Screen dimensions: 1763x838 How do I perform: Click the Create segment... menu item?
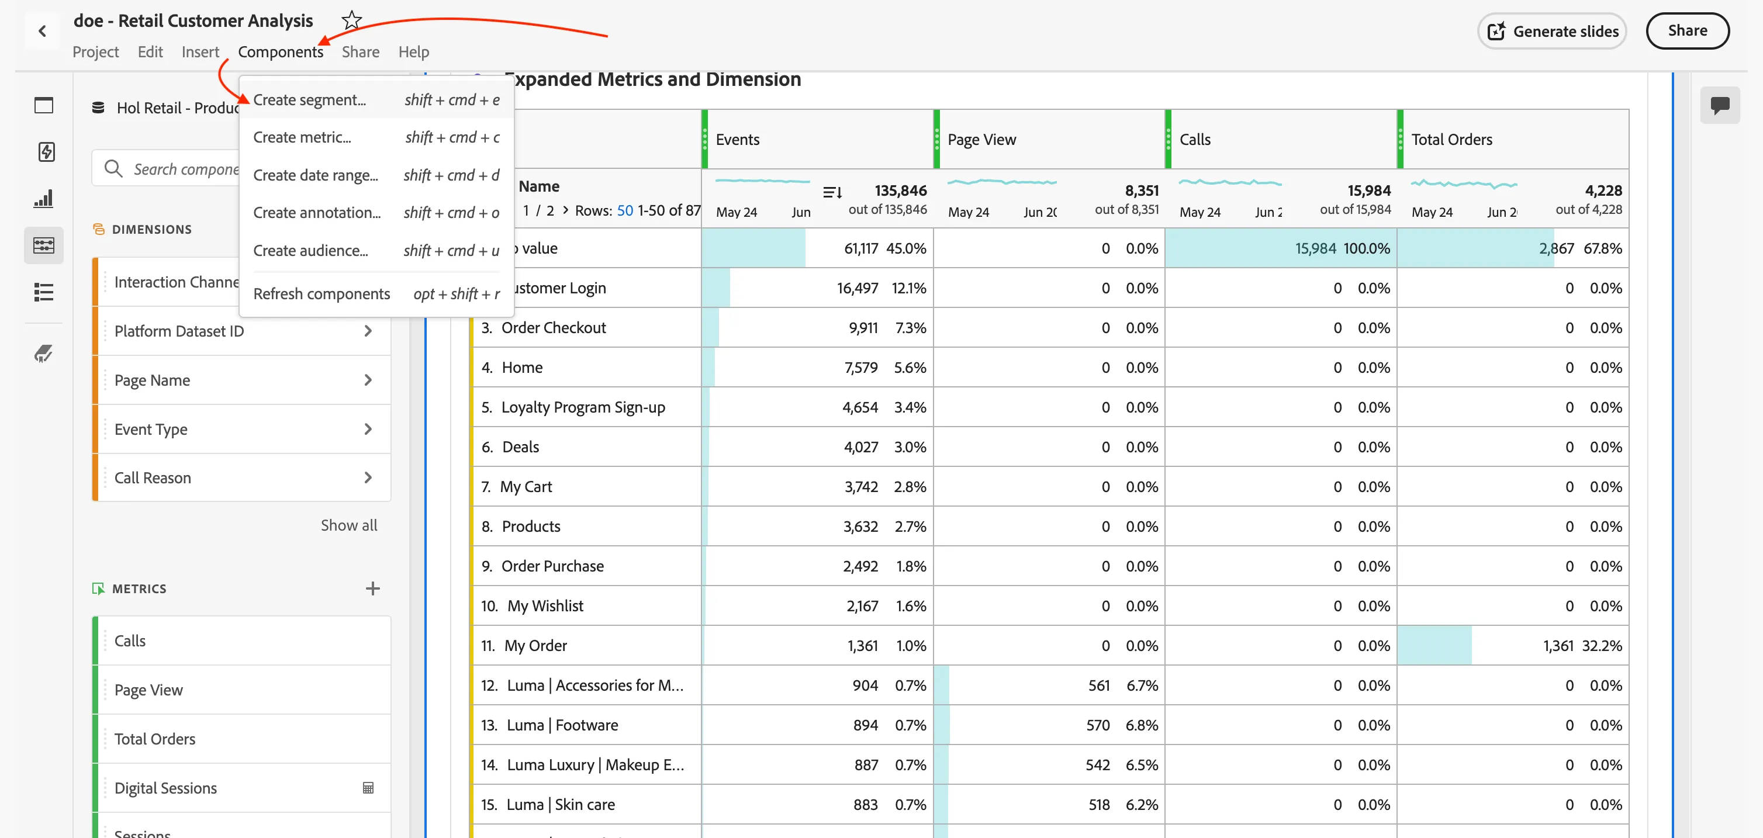coord(309,100)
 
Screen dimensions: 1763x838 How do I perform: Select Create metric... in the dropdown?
coord(302,137)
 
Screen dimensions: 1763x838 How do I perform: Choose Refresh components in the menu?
coord(322,293)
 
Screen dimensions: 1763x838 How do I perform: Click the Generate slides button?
coord(1551,31)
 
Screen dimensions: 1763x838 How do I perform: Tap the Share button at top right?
coord(1687,31)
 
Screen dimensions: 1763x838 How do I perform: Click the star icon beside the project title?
coord(352,20)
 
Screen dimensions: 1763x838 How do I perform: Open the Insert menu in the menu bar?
coord(200,52)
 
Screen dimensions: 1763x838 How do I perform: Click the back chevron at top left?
coord(43,31)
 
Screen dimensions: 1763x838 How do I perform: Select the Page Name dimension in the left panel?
coord(152,380)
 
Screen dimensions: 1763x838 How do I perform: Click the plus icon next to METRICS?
coord(372,588)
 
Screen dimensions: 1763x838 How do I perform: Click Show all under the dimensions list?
coord(349,525)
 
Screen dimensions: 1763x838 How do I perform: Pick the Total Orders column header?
coord(1451,140)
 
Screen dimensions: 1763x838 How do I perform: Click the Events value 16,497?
coord(857,288)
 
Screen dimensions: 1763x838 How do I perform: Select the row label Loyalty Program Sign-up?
coord(583,407)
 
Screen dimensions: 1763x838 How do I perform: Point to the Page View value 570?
coord(1098,725)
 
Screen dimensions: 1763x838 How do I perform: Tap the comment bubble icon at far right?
coord(1719,105)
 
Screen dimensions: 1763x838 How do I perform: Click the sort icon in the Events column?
coord(832,192)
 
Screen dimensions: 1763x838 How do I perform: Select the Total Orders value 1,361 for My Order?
coord(1558,646)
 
